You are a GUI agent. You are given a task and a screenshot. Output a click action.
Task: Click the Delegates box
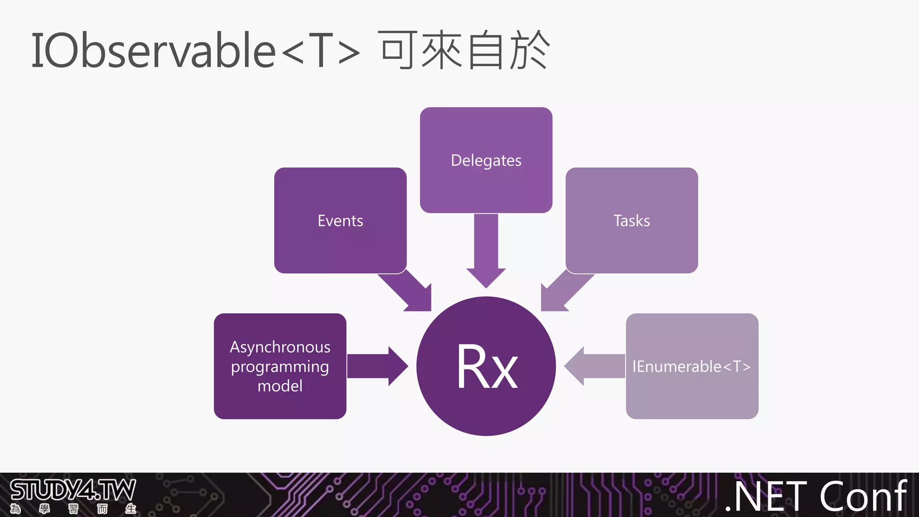coord(486,160)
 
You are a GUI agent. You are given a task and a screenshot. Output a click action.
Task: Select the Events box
coord(340,220)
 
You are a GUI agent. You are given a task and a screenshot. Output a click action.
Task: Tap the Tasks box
coord(631,220)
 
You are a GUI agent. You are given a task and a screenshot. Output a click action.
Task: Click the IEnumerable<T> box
coord(691,366)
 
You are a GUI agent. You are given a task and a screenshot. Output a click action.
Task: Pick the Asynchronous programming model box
coord(280,366)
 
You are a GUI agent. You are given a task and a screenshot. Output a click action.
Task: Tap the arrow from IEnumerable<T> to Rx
coord(592,366)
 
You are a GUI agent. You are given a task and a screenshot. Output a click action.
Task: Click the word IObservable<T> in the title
coord(195,50)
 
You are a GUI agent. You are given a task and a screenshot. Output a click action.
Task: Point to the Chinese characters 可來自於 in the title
coord(464,50)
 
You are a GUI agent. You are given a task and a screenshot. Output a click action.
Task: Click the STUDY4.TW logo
coord(73,490)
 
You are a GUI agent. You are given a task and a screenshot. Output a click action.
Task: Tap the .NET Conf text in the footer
coord(816,496)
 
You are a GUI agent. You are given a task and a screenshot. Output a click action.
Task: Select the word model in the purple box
coord(280,386)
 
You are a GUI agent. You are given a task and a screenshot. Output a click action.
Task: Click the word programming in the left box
coord(280,367)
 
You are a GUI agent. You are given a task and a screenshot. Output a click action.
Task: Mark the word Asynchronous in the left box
coord(280,347)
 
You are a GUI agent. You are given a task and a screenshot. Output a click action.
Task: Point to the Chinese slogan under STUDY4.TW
coord(73,509)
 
